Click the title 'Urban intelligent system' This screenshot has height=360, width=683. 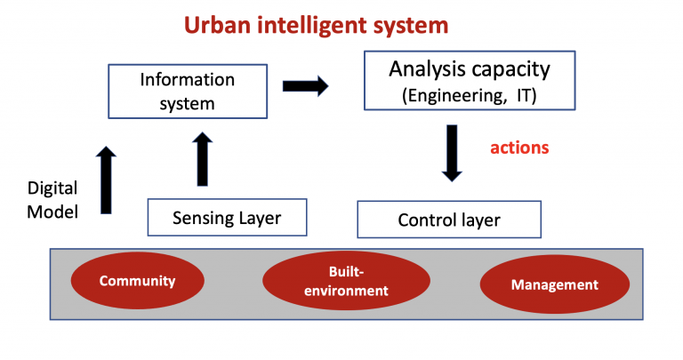coord(316,25)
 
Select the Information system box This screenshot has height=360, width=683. coord(188,92)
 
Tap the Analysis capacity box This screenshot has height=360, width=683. coord(470,81)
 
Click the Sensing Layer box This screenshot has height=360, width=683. coord(227,217)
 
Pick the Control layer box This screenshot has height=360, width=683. coord(449,220)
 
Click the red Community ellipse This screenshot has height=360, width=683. coord(138,281)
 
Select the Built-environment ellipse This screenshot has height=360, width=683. coord(346,281)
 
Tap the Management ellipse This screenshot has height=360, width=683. coord(555,284)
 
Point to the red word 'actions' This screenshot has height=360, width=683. coord(519,148)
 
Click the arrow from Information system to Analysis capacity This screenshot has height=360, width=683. coord(305,85)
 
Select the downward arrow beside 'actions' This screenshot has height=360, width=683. coord(452,153)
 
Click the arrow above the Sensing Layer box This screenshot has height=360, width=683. coord(202,159)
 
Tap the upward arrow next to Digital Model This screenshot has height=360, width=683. coord(106,180)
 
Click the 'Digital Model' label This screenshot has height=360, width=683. coord(52,200)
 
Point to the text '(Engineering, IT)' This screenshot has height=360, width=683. coord(470,95)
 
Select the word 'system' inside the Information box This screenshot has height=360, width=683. coord(187,105)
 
